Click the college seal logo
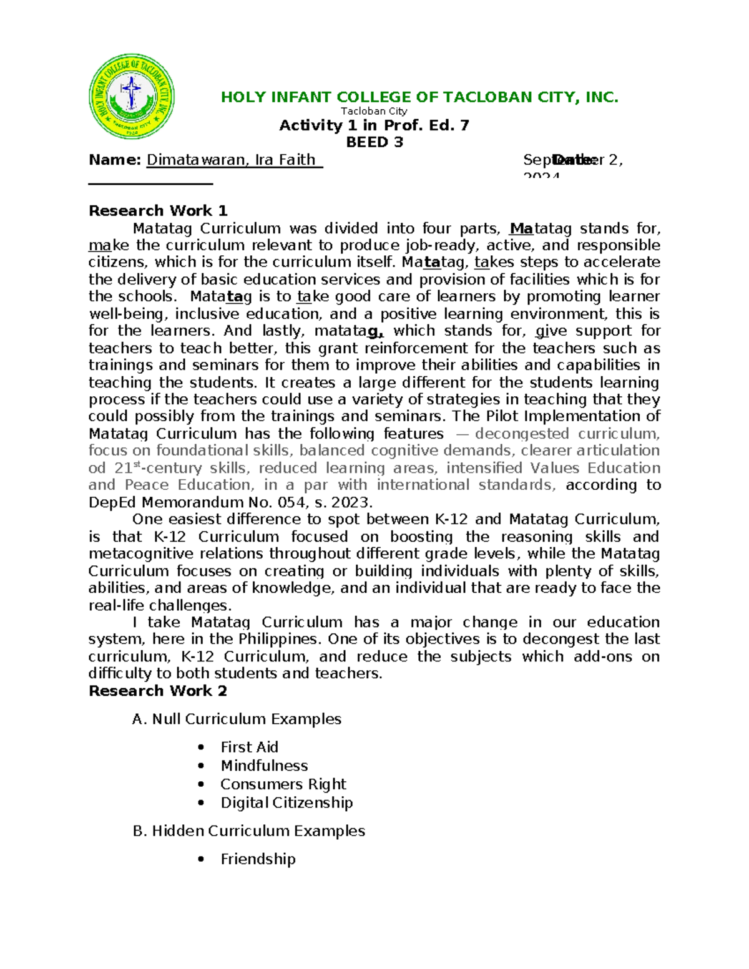pyautogui.click(x=132, y=97)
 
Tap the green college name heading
pyautogui.click(x=419, y=97)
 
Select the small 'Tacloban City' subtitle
pyautogui.click(x=374, y=111)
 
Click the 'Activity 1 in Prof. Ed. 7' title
pyautogui.click(x=374, y=125)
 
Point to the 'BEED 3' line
pyautogui.click(x=374, y=142)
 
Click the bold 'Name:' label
pyautogui.click(x=115, y=160)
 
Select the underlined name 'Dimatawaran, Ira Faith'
pyautogui.click(x=234, y=160)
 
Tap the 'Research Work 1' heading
pyautogui.click(x=158, y=211)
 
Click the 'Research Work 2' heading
pyautogui.click(x=158, y=691)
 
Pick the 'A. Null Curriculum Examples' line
pyautogui.click(x=237, y=719)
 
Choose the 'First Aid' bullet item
pyautogui.click(x=249, y=747)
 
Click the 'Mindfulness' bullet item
pyautogui.click(x=264, y=766)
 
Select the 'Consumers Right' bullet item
pyautogui.click(x=283, y=784)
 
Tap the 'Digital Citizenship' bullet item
pyautogui.click(x=286, y=802)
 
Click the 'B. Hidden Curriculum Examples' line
pyautogui.click(x=248, y=831)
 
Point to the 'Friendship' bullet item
pyautogui.click(x=258, y=859)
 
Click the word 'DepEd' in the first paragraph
pyautogui.click(x=113, y=502)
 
